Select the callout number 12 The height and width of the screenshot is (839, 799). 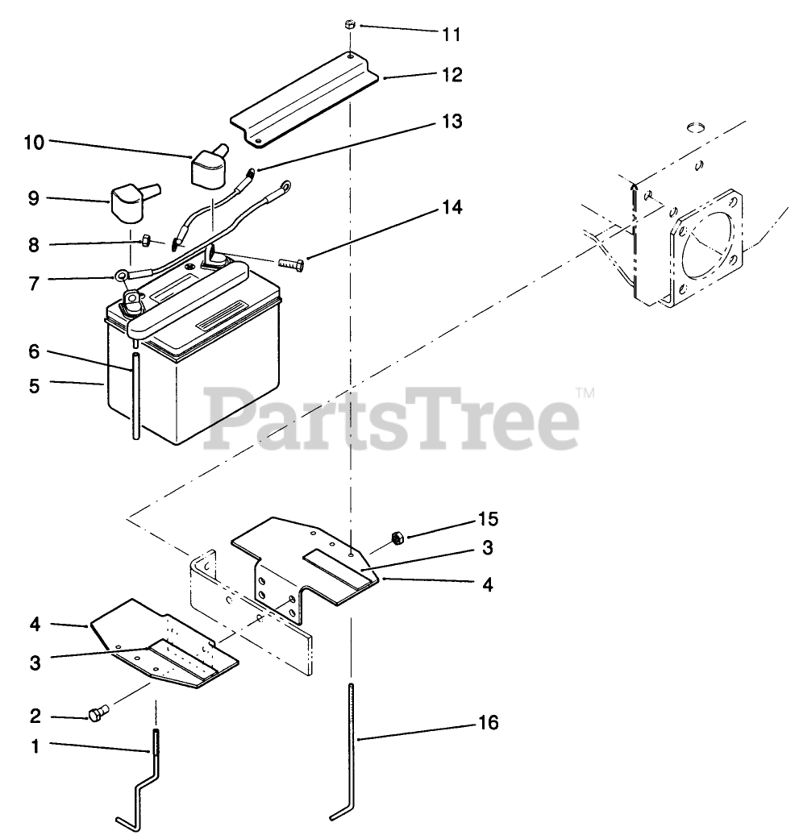point(452,75)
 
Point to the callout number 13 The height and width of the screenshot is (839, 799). point(452,122)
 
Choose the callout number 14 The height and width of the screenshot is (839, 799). point(452,207)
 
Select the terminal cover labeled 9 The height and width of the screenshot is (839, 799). point(128,202)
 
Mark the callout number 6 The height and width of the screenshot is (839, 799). point(34,351)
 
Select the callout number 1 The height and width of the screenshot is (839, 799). point(34,746)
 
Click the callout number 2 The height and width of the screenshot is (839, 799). point(34,716)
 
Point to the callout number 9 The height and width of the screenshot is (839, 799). point(34,198)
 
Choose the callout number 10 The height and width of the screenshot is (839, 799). point(34,142)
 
